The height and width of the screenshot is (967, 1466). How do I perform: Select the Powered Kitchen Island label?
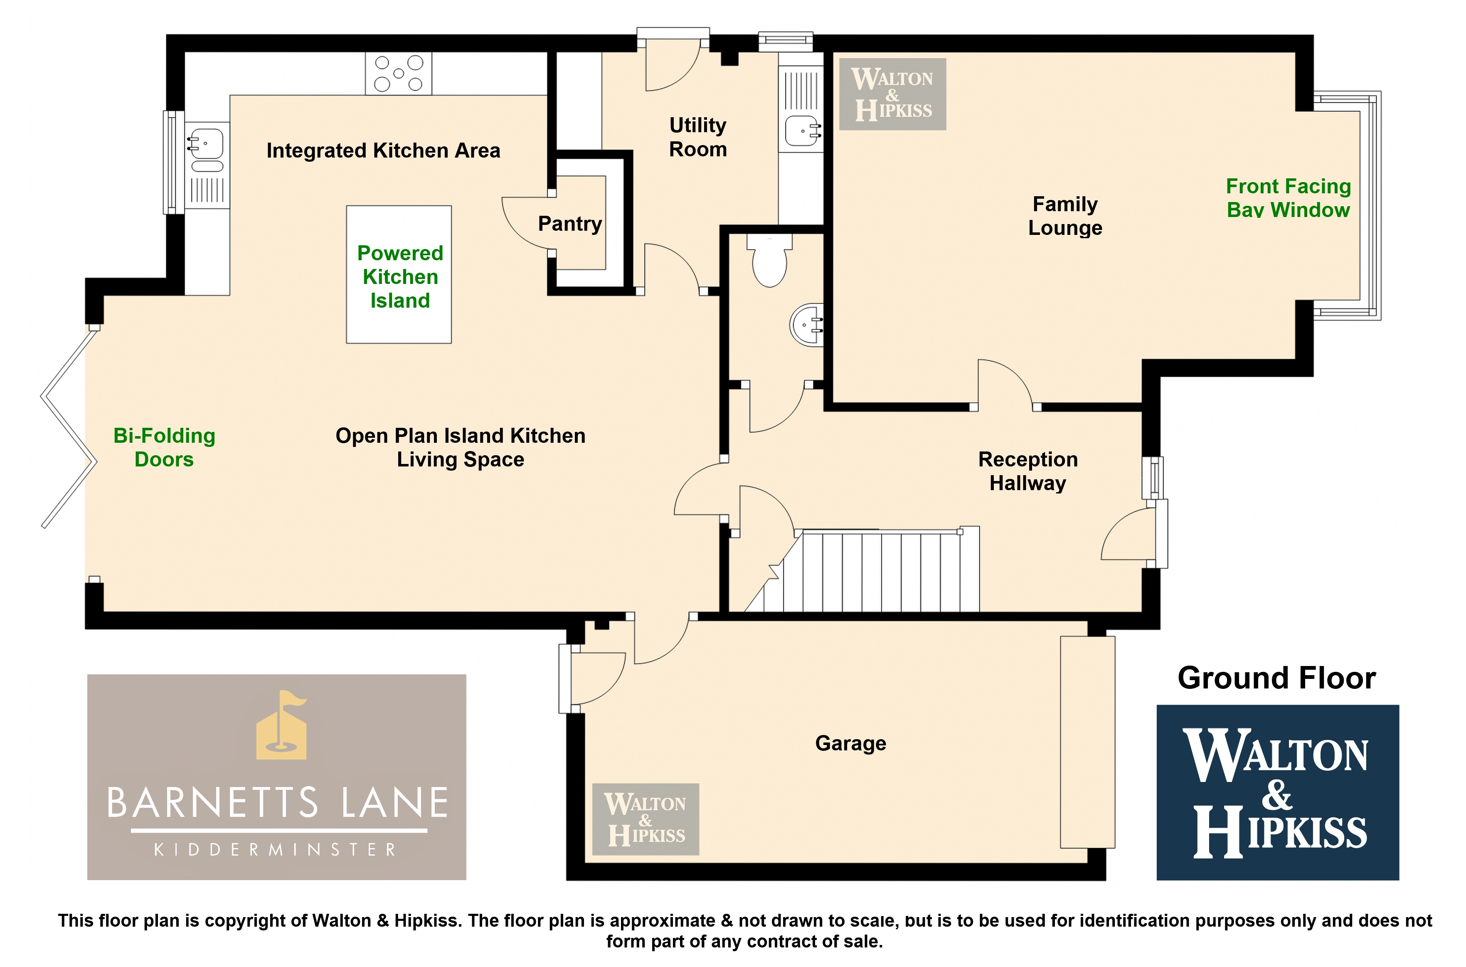(x=400, y=277)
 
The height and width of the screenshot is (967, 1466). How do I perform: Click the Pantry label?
(x=569, y=224)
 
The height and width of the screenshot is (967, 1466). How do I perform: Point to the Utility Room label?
(x=698, y=137)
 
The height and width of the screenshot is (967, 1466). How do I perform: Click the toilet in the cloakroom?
(x=769, y=260)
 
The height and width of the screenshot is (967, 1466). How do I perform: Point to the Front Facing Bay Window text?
(x=1289, y=198)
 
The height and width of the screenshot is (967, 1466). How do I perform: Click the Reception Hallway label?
(x=1027, y=471)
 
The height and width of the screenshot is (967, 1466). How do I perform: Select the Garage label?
(x=851, y=744)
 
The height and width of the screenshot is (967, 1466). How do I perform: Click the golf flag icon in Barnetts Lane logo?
(x=281, y=725)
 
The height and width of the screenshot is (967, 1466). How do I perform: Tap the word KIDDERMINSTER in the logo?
(x=275, y=850)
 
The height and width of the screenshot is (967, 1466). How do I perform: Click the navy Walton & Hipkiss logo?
(x=1277, y=792)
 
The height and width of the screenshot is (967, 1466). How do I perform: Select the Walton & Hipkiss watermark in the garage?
(x=646, y=819)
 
